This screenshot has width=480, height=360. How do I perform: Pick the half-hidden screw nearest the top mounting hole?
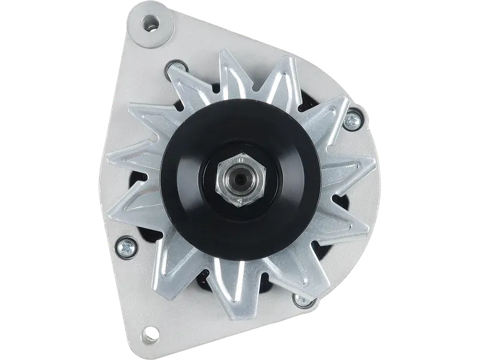(x=175, y=68)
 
